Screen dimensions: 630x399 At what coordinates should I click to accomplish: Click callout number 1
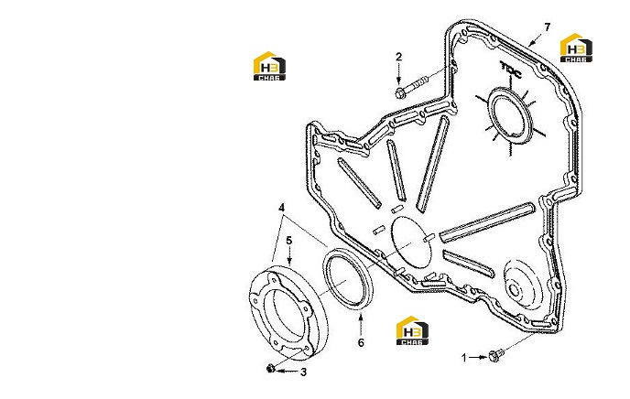pos(464,357)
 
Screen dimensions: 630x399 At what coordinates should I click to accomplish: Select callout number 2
pos(398,57)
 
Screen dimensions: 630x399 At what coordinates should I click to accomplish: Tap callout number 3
pos(303,372)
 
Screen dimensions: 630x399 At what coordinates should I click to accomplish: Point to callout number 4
pos(282,208)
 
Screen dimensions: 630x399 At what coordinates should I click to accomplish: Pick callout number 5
pos(288,241)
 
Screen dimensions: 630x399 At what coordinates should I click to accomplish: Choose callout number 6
pos(361,342)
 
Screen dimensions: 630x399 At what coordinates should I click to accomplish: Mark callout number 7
pos(547,27)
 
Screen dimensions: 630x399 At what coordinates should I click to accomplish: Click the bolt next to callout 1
pos(495,355)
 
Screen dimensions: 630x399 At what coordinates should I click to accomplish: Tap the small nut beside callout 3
pos(270,368)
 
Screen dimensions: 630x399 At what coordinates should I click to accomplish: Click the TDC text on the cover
pos(511,70)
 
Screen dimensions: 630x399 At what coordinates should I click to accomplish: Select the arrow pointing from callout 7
pos(535,39)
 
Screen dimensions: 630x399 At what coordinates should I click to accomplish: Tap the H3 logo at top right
pos(576,48)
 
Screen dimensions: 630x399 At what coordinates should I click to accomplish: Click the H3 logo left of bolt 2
pos(269,66)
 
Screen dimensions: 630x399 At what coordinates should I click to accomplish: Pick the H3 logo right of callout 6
pos(412,330)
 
